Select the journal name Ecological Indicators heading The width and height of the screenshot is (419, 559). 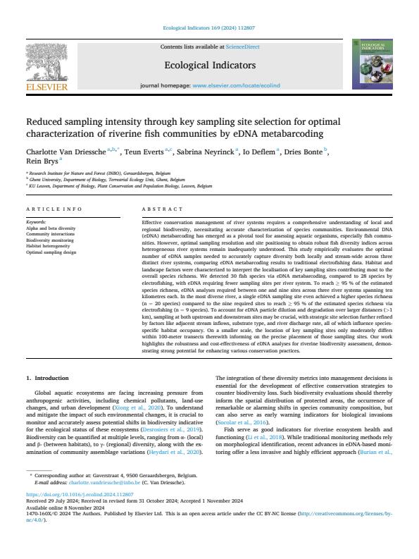point(209,66)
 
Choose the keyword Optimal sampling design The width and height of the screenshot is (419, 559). point(52,251)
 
